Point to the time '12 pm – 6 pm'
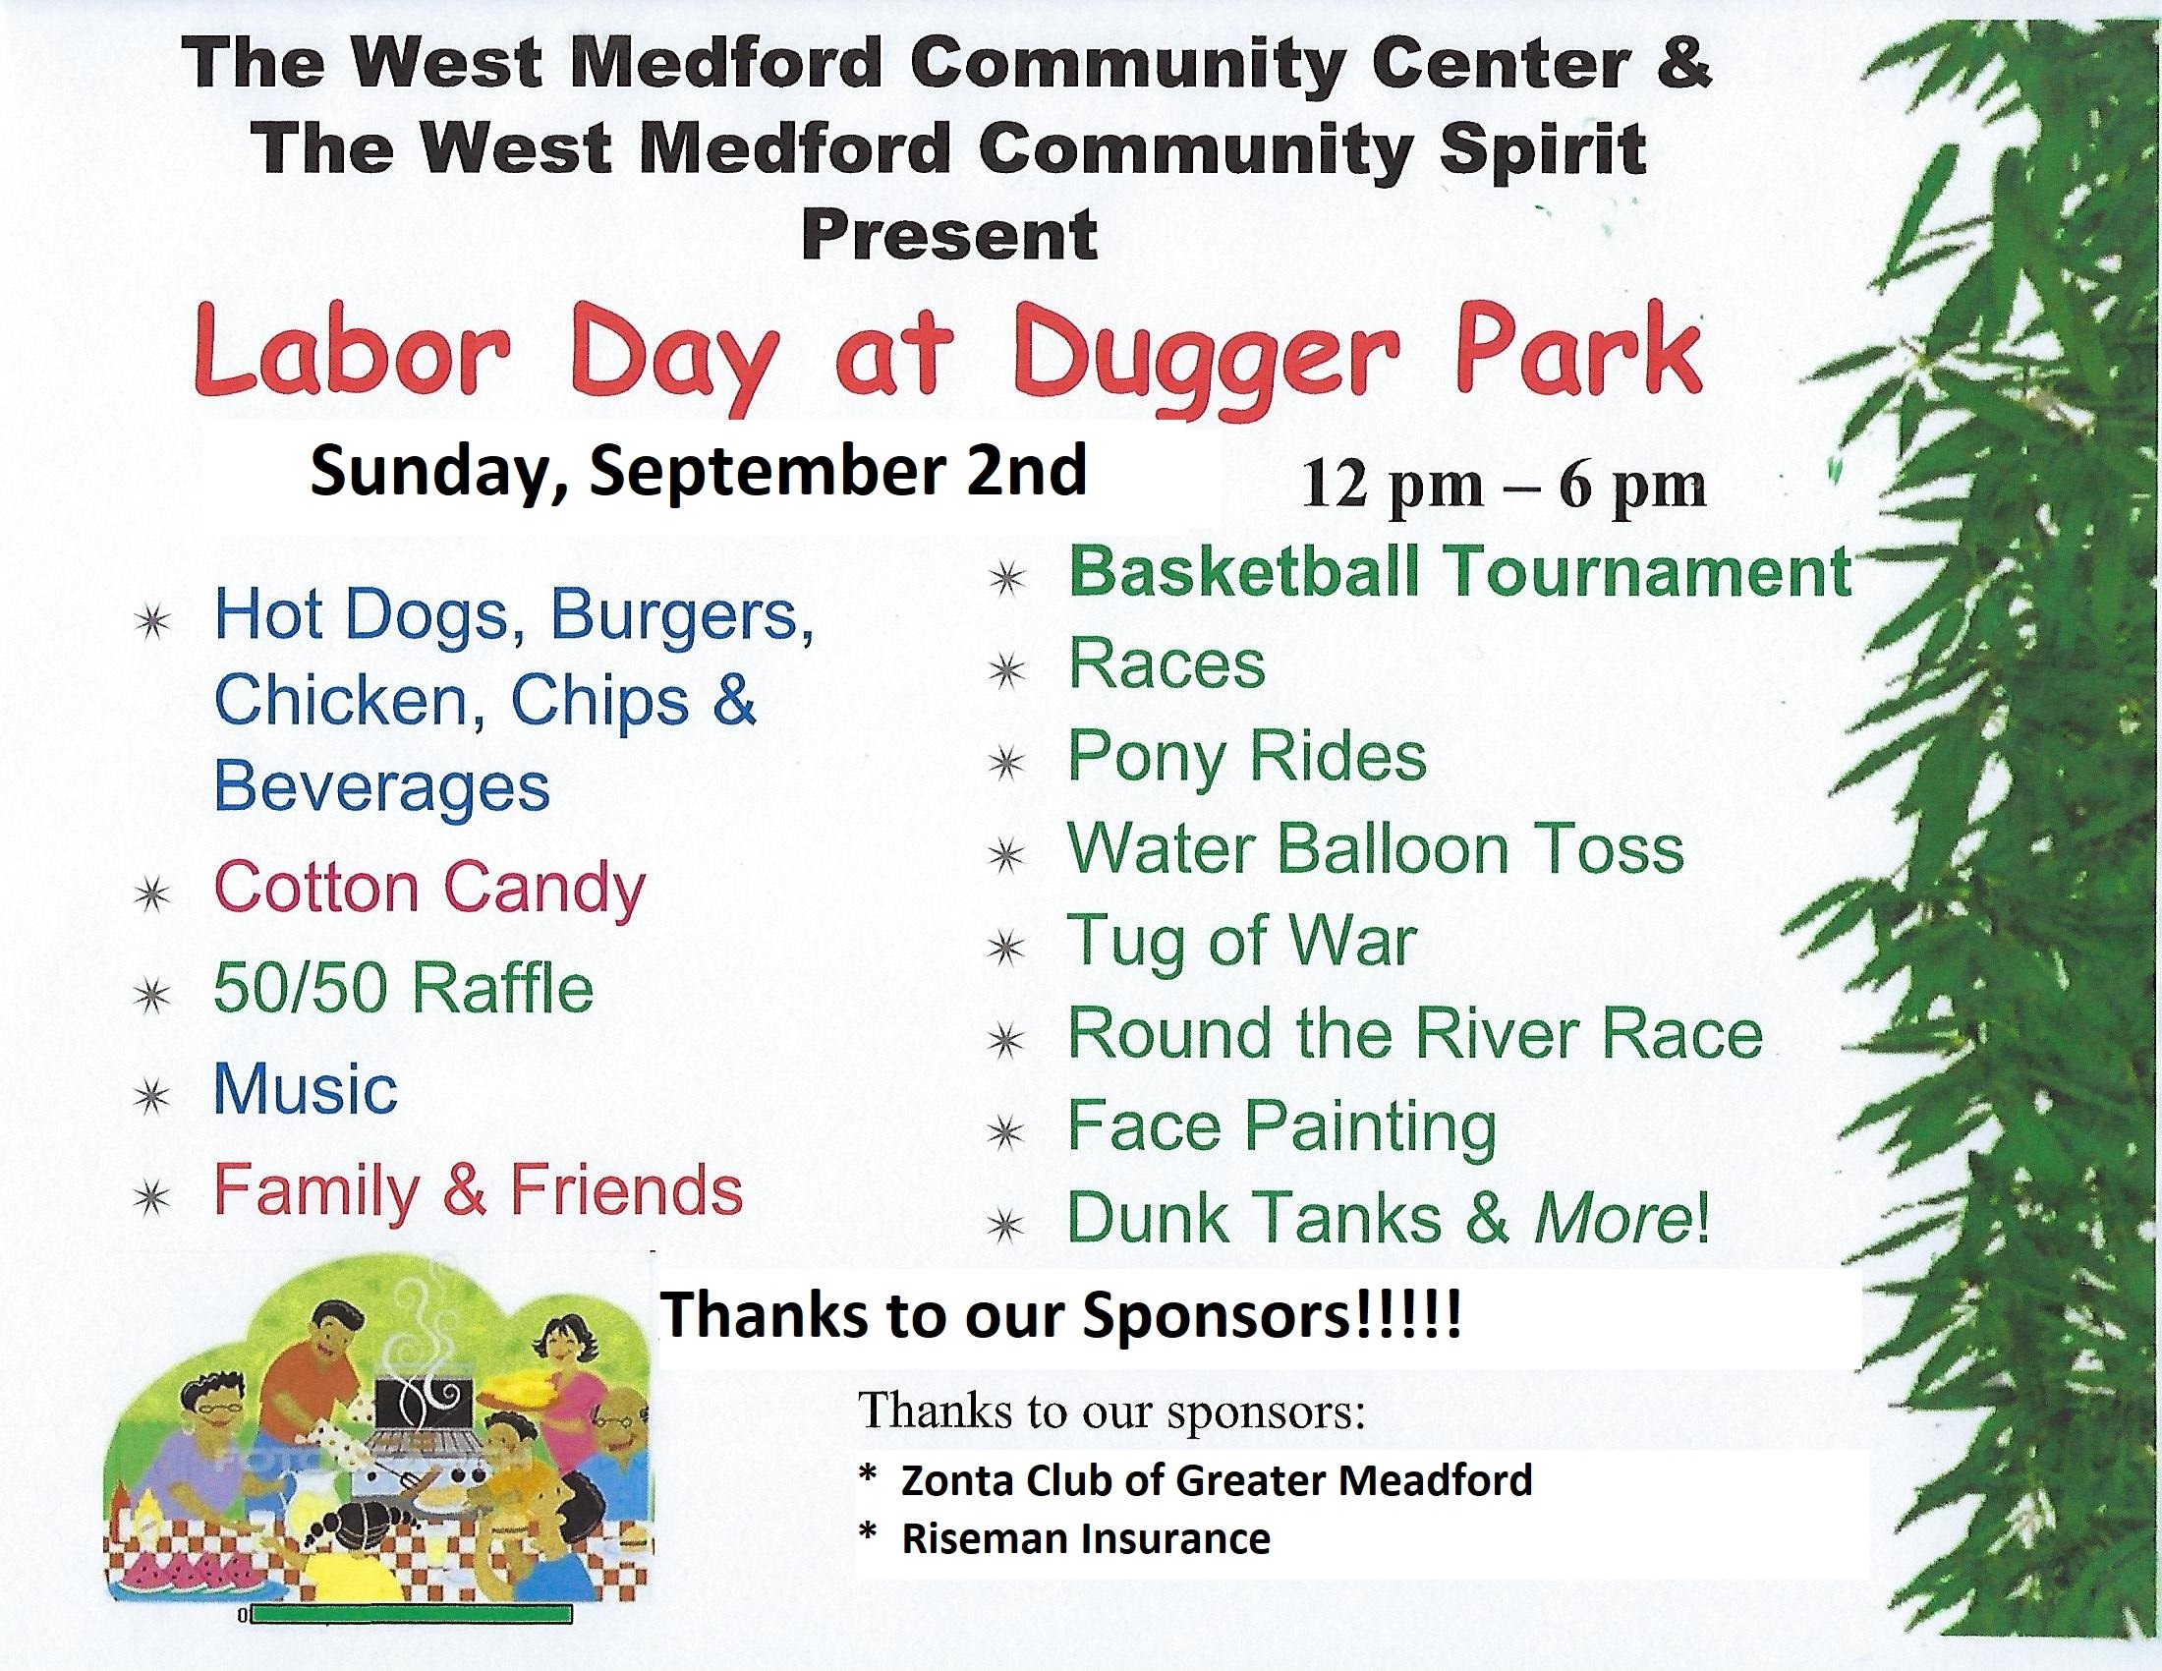[x=1504, y=486]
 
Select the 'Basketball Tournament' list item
[x=1460, y=573]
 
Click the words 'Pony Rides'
[x=1247, y=758]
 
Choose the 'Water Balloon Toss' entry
[x=1375, y=849]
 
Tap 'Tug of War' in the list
[x=1242, y=943]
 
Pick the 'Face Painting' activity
[x=1281, y=1127]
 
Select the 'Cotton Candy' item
[x=429, y=889]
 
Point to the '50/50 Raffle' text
[x=404, y=989]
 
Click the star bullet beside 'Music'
[x=152, y=1096]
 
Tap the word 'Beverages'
[x=382, y=788]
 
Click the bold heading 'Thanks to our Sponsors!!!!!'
[x=1060, y=1315]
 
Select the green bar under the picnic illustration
[x=411, y=1616]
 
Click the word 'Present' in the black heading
[x=949, y=236]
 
